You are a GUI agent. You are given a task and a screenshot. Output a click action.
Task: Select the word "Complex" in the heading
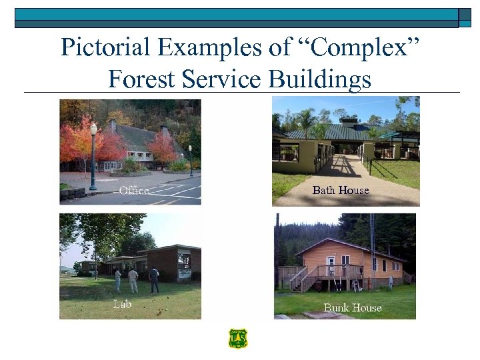coord(365,47)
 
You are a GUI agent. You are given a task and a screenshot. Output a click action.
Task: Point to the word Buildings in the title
coord(319,79)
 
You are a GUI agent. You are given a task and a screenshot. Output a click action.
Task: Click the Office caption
coord(133,191)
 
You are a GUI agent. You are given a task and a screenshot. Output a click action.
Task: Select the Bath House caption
coord(340,190)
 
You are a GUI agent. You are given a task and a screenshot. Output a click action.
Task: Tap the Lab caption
coord(122,304)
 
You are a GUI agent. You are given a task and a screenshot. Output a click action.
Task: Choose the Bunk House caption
coord(352,307)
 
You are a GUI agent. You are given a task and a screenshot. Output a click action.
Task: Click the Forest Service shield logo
coord(237,339)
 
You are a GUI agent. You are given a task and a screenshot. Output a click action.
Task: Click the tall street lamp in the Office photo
coord(93,157)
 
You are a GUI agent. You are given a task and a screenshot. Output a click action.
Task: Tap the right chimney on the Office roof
coord(165,131)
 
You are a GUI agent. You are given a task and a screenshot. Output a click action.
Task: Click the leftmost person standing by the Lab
coord(118,279)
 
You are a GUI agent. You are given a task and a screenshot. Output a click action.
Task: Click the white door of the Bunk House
coord(330,266)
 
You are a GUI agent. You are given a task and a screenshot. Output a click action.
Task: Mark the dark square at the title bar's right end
coord(465,18)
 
